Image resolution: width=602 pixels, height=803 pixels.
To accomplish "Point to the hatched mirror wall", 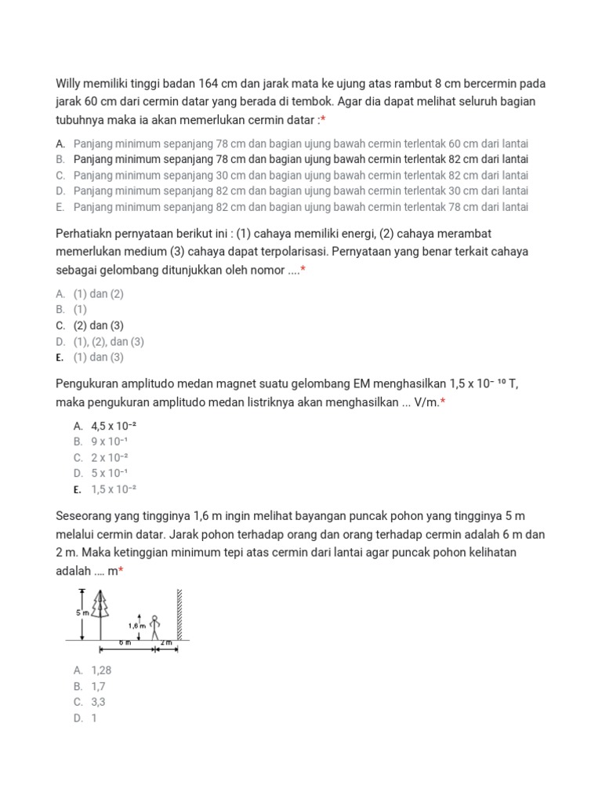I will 180,614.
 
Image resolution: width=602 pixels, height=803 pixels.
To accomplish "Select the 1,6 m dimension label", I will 136,626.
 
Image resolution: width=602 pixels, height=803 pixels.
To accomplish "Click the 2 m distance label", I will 165,643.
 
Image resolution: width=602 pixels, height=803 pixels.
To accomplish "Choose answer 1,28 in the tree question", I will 102,670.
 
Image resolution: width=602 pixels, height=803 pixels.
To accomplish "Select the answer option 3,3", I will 99,702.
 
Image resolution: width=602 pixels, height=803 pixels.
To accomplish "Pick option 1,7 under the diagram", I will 99,686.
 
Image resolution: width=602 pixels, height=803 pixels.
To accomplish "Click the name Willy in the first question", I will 71,84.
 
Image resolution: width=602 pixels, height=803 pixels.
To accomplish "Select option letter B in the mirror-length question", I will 60,159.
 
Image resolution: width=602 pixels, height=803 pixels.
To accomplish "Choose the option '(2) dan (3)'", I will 99,325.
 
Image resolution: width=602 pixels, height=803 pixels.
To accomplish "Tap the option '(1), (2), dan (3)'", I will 109,342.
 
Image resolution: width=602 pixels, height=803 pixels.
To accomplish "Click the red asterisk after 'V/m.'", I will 443,402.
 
